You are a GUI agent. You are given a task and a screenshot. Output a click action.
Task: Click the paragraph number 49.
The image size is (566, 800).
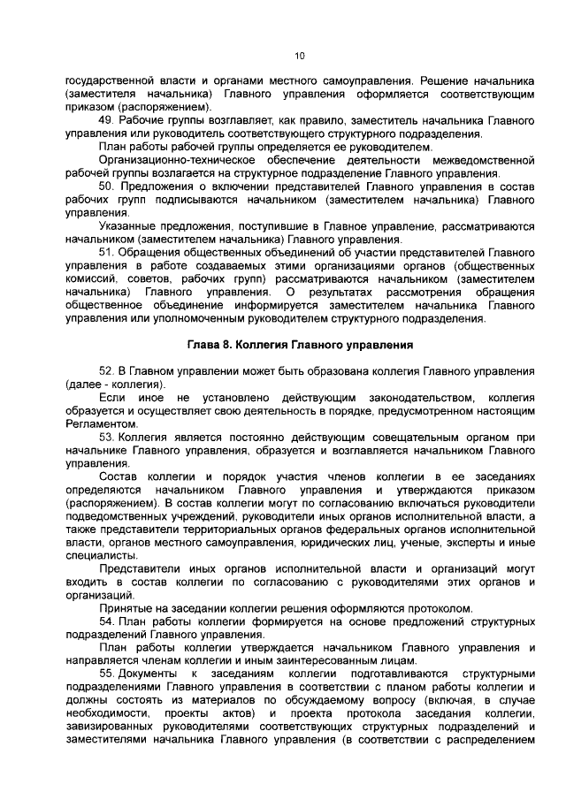tap(107, 119)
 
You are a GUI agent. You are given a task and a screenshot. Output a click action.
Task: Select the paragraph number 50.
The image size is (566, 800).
tap(107, 187)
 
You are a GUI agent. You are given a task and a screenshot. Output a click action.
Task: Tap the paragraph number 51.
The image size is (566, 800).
tap(107, 253)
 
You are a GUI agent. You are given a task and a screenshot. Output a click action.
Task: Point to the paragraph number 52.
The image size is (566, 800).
tap(107, 372)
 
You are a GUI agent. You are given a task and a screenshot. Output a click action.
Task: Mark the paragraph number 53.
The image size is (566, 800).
tap(107, 438)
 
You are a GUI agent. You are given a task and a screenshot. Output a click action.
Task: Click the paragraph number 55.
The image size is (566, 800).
tap(107, 676)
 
